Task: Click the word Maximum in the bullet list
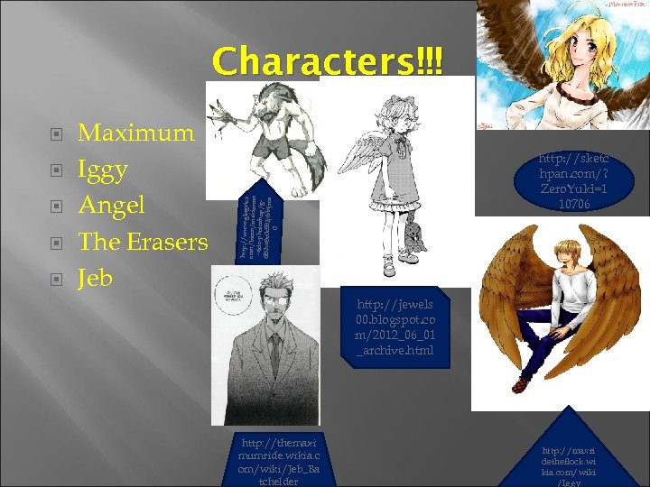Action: pyautogui.click(x=136, y=133)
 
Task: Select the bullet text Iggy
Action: pyautogui.click(x=103, y=170)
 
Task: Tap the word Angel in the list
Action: pyautogui.click(x=112, y=206)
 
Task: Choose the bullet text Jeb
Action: pyautogui.click(x=95, y=278)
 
